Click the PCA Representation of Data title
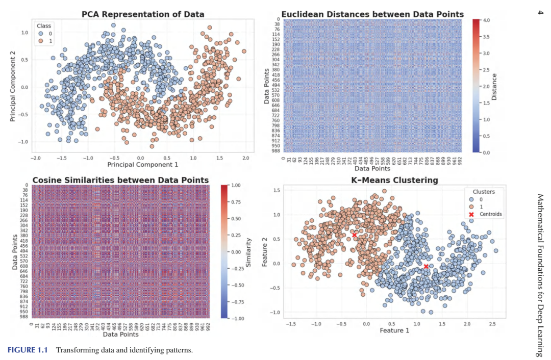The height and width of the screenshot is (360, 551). click(x=143, y=14)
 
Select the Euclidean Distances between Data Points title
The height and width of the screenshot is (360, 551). click(x=373, y=14)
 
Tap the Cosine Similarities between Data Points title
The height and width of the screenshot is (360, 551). click(x=120, y=180)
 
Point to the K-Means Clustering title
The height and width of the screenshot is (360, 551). click(x=394, y=180)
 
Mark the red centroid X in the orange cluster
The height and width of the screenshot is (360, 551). click(x=355, y=235)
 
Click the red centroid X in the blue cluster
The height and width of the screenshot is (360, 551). click(x=426, y=266)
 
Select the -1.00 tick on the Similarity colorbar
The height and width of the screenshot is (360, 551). click(x=236, y=318)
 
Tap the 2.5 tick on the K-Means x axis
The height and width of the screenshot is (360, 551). click(x=491, y=324)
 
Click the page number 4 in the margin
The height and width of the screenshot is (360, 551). click(x=540, y=12)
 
